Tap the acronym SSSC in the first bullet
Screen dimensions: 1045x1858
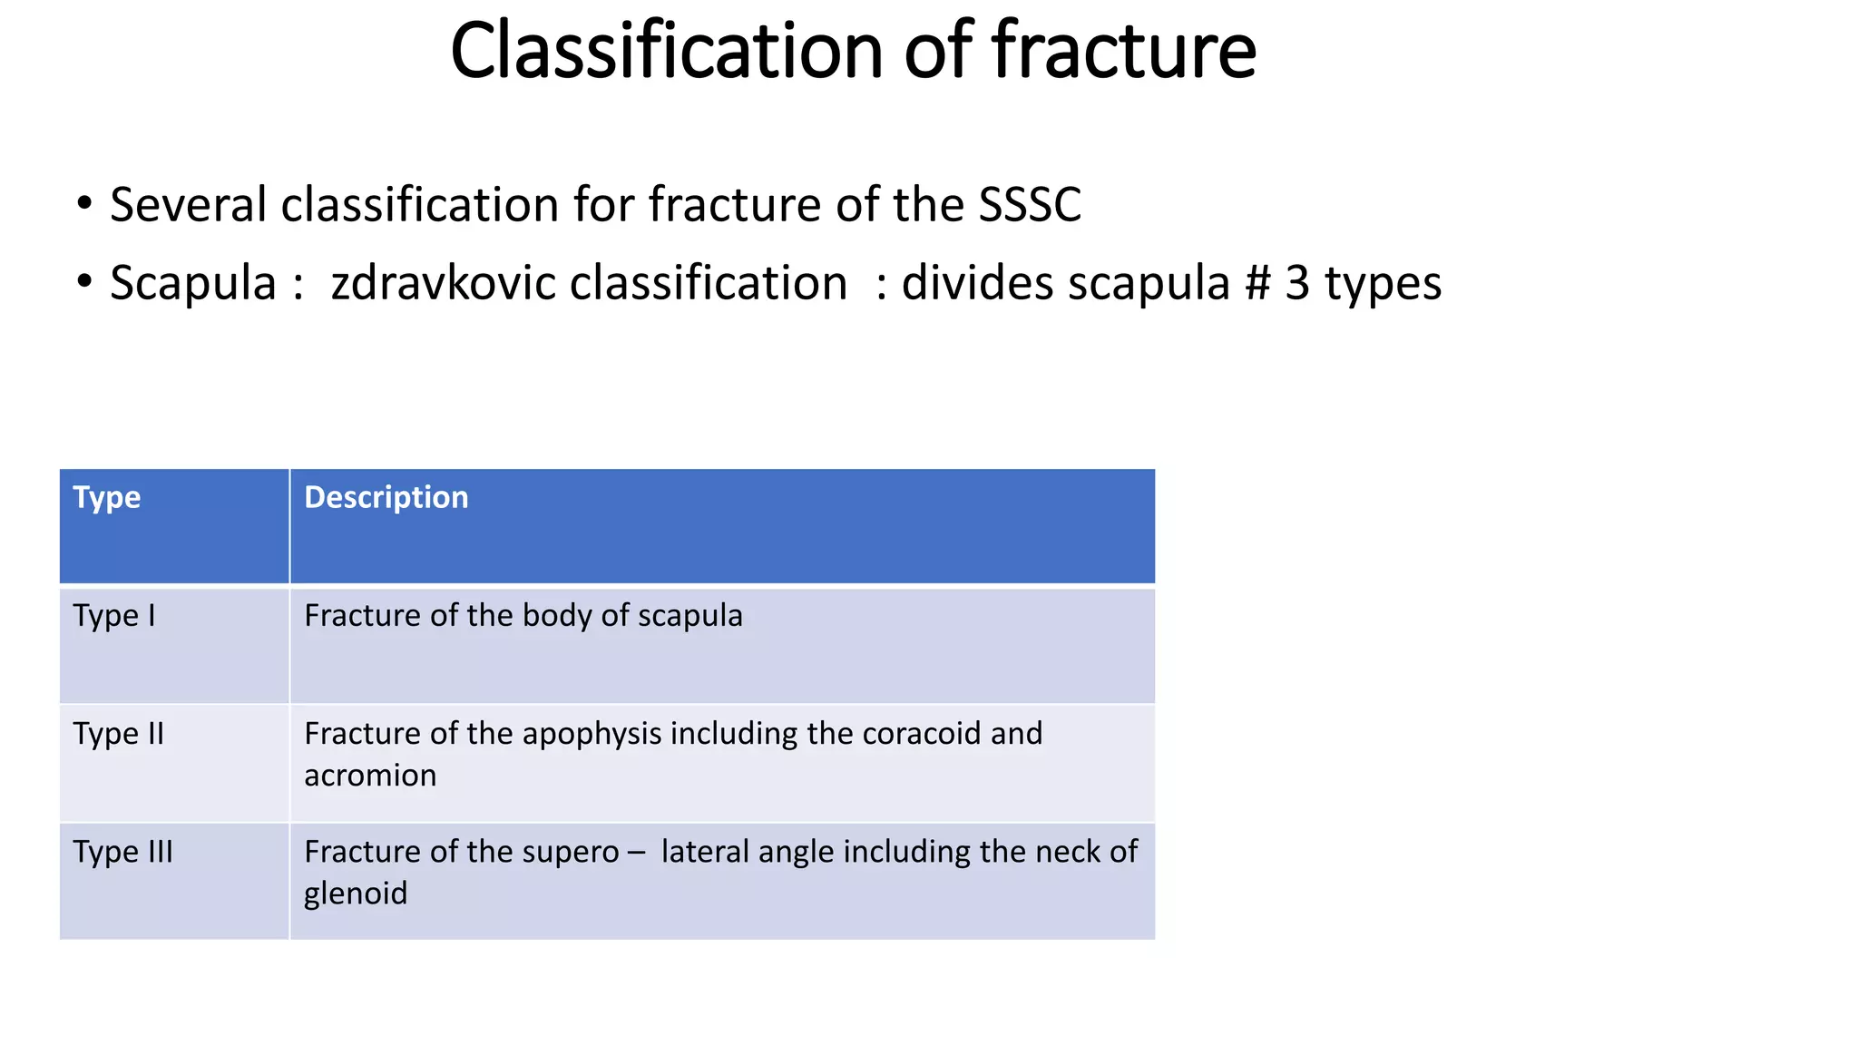1030,205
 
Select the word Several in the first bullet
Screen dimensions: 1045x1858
189,205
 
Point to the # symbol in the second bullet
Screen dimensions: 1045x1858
1257,283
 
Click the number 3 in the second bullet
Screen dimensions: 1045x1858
1297,283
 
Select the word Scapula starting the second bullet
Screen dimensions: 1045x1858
192,283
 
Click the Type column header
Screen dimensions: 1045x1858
107,497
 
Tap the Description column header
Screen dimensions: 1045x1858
386,497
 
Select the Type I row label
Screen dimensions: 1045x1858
114,616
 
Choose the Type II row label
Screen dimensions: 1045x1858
119,734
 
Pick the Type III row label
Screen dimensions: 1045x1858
123,852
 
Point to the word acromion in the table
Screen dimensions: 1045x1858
370,776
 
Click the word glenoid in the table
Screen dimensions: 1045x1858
356,894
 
